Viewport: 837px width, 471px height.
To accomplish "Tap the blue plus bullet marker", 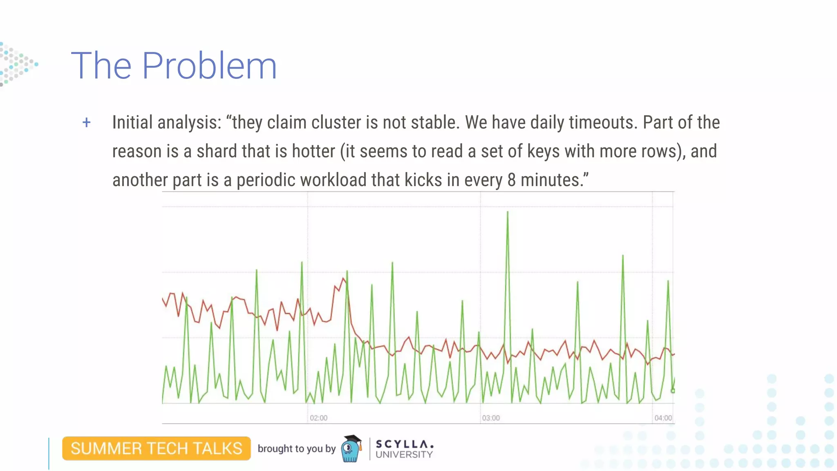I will click(86, 122).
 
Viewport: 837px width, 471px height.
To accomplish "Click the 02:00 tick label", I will click(318, 418).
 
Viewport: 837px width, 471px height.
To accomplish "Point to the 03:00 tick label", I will click(490, 418).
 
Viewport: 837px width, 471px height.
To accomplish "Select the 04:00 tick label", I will click(663, 418).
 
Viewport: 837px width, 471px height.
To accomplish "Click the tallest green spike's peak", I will click(508, 212).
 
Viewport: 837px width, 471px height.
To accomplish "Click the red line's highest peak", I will click(343, 278).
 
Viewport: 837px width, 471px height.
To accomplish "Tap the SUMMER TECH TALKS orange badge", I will click(157, 449).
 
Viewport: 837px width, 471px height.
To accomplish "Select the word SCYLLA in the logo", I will click(404, 444).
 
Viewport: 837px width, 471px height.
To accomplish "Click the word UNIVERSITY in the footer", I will click(404, 455).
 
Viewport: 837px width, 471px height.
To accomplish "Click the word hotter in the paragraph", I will click(313, 151).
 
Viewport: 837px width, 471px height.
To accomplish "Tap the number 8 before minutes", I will click(512, 180).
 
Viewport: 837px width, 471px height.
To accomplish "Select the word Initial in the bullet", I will click(132, 122).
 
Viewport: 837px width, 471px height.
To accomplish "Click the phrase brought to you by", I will click(296, 449).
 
